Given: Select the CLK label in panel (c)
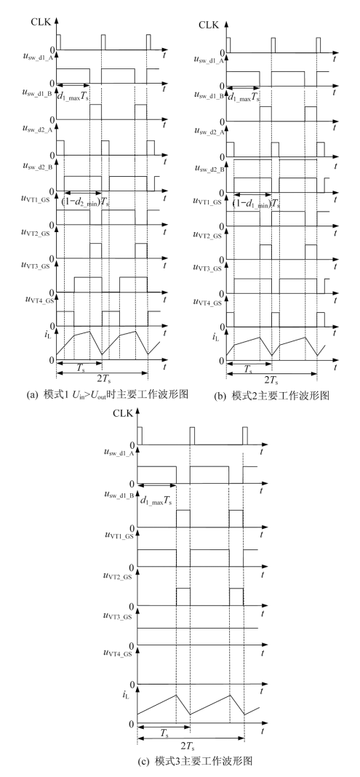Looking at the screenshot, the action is [122, 413].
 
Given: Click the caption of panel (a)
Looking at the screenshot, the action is [108, 395].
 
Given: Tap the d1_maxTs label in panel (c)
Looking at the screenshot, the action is [156, 501].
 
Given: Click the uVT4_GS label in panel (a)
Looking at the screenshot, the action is [39, 299].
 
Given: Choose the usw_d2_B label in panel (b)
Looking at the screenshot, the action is [209, 169].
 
